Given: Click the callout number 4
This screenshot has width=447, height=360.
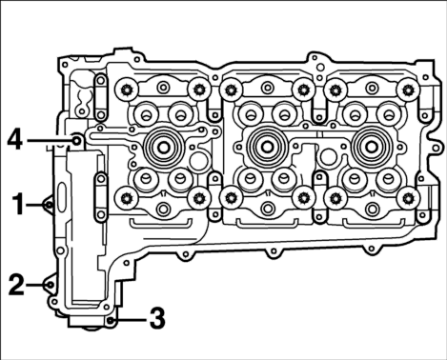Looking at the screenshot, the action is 15,140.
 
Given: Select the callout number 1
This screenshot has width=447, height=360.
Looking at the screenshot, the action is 18,205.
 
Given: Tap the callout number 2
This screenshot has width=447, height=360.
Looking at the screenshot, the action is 16,285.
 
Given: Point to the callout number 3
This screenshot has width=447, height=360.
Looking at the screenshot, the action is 157,318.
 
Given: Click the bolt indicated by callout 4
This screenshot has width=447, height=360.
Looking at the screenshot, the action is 77,140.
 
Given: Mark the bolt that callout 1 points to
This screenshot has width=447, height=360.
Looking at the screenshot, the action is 49,205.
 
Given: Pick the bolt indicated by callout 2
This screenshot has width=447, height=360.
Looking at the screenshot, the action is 50,285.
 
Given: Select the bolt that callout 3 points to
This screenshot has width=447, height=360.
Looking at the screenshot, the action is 110,320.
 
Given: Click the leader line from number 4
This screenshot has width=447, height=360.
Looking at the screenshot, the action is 50,140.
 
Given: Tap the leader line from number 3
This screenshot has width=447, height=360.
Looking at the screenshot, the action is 130,320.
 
